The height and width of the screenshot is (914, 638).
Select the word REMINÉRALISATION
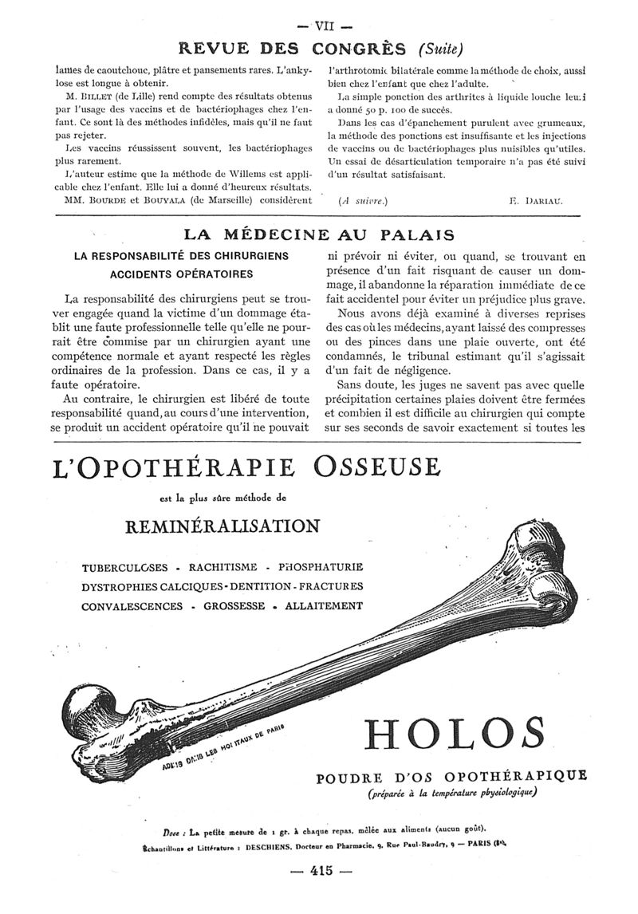(x=223, y=526)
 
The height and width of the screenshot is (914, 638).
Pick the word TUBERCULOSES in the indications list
(x=124, y=568)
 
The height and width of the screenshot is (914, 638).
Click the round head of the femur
(x=83, y=710)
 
